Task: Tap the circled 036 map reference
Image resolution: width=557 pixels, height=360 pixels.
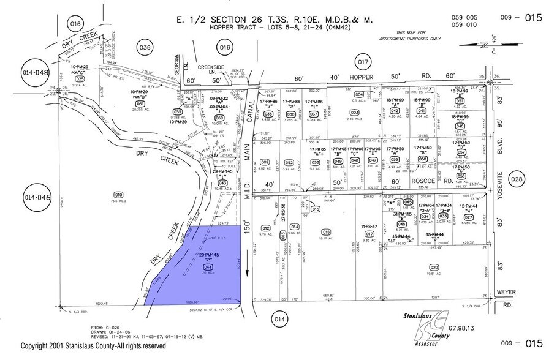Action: coord(145,48)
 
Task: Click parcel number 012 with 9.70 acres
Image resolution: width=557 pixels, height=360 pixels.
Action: coord(265,227)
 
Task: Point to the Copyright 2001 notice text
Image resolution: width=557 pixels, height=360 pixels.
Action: coord(93,347)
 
